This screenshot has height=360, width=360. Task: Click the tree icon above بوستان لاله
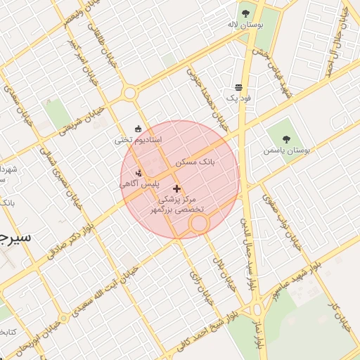[245, 13]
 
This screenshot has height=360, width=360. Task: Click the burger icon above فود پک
[239, 88]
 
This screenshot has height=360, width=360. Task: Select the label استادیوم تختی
[139, 141]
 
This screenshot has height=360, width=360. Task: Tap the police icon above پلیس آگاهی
[139, 173]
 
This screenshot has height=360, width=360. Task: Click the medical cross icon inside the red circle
[176, 188]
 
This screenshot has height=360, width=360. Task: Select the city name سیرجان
[15, 237]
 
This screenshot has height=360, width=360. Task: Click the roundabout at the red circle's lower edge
[199, 224]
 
